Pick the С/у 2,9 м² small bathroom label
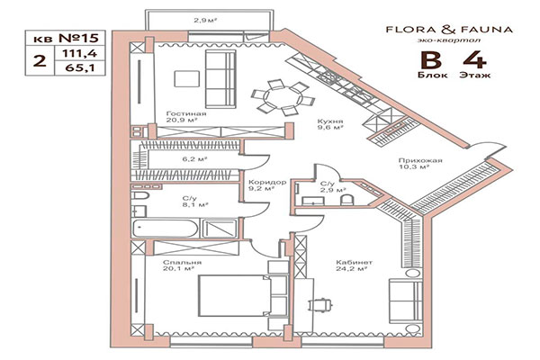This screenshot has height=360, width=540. tap(328, 187)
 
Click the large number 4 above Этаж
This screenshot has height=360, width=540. tap(472, 62)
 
